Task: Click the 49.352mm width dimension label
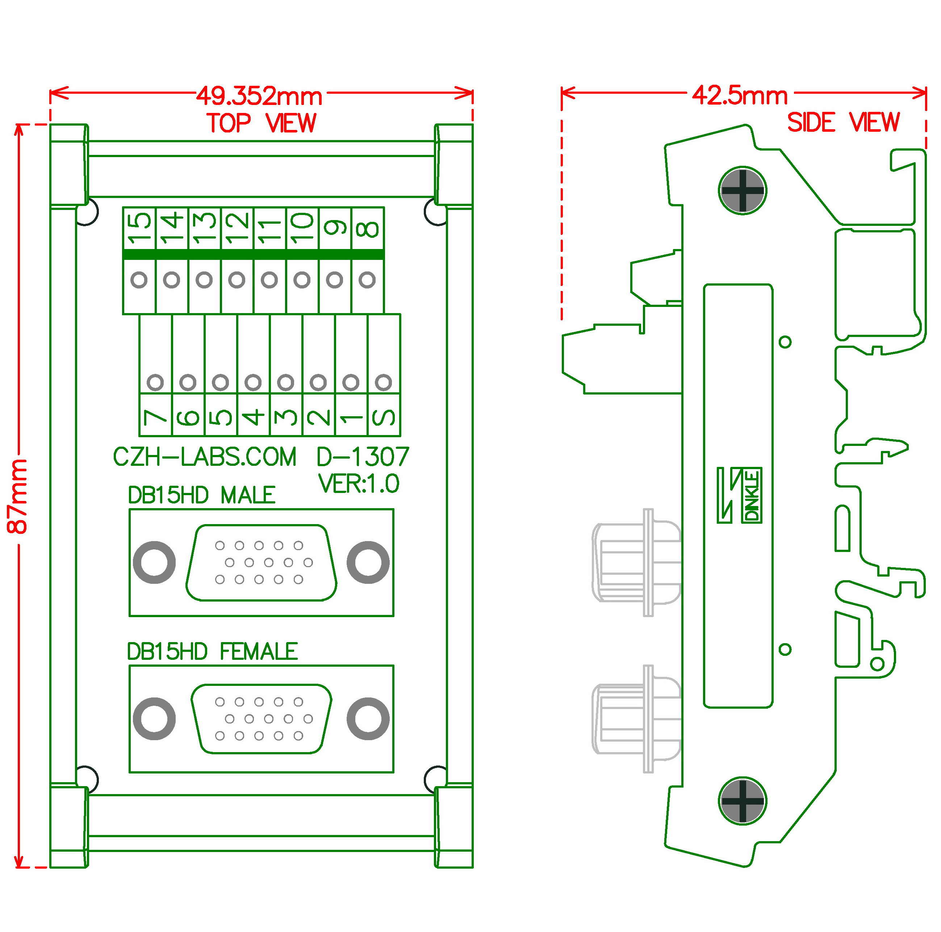[x=259, y=96]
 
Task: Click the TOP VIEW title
[x=262, y=123]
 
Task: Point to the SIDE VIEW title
[x=843, y=122]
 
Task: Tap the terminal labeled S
[x=384, y=417]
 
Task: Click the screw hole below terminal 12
[x=237, y=280]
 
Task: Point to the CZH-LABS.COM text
[x=205, y=457]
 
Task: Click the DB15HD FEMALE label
[x=212, y=651]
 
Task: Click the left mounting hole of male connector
[x=154, y=562]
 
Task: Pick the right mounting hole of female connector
[x=368, y=718]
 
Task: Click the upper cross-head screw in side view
[x=742, y=191]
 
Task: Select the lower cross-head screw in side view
[x=742, y=801]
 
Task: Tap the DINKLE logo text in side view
[x=752, y=495]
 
